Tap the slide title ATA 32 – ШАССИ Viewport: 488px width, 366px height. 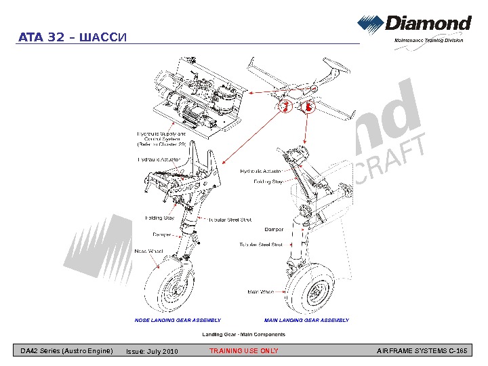point(71,37)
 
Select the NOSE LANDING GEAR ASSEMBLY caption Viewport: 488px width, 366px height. point(178,320)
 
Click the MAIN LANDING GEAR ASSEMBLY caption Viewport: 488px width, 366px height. point(306,320)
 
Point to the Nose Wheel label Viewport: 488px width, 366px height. point(149,251)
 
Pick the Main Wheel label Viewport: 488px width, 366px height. point(260,292)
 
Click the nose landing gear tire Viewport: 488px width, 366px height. point(169,289)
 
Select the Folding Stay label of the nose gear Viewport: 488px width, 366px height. point(160,218)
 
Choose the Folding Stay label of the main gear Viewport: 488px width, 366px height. point(268,182)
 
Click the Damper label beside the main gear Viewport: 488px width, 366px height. point(274,230)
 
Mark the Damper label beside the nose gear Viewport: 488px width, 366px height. point(161,235)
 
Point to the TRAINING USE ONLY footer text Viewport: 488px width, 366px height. point(243,351)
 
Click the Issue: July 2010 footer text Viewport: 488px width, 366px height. point(152,351)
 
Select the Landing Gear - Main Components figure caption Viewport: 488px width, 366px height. point(244,334)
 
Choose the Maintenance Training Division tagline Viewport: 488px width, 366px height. point(429,41)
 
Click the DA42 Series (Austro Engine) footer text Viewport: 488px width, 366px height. point(66,351)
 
